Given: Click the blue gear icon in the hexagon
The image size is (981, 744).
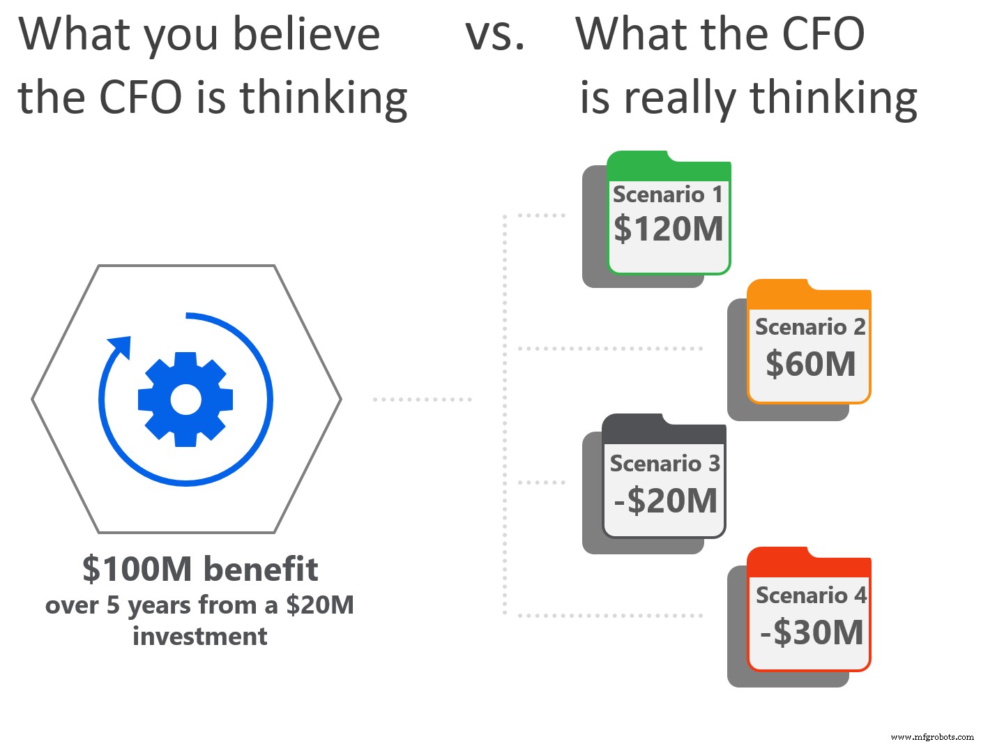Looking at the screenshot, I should coord(185,400).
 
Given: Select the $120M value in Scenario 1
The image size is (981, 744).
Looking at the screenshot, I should coord(669,229).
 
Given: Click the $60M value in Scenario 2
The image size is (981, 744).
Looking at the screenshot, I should coord(810,364).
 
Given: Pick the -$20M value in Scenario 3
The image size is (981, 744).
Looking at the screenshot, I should coord(665,501).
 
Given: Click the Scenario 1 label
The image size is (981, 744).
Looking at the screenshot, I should coord(667,195).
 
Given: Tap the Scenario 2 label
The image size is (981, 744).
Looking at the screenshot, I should coord(810,326).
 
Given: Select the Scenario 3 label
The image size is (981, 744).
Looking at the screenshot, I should coord(664,463).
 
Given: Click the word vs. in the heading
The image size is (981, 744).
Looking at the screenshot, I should coord(494,35).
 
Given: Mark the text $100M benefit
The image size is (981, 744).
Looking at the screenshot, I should coord(200,569).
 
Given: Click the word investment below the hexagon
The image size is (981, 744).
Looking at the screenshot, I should coord(200,636).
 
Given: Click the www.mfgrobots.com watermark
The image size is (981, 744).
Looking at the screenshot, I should coord(932,736).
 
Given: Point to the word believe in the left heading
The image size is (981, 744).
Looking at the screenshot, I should coord(306,35).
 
